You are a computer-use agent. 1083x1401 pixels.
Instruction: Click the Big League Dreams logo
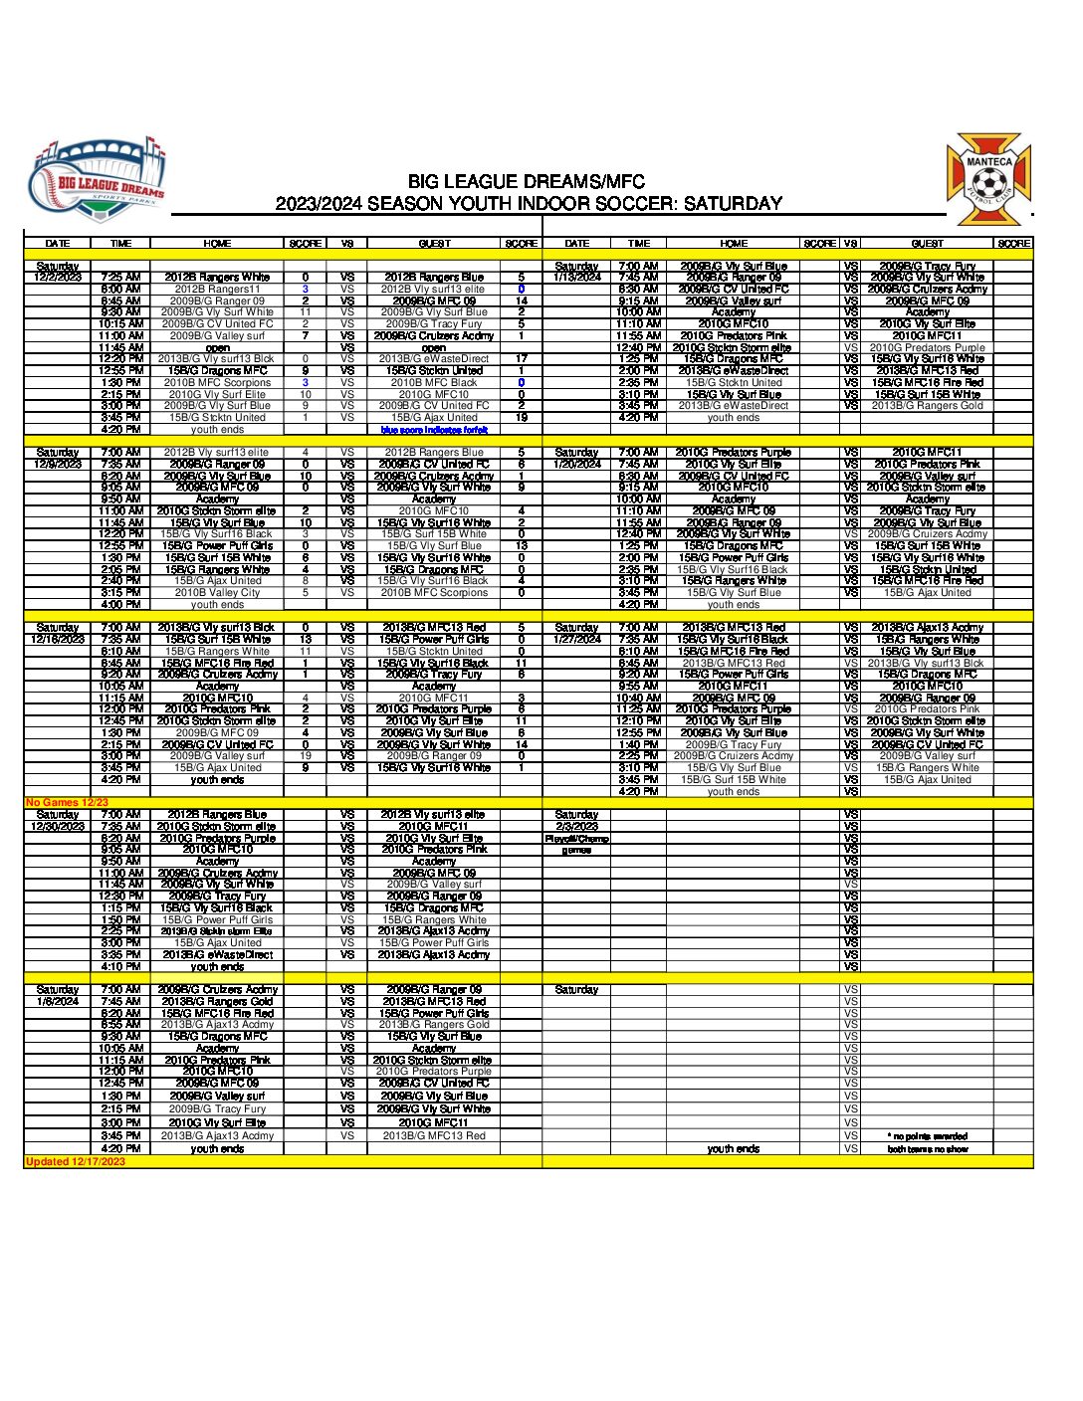tap(97, 180)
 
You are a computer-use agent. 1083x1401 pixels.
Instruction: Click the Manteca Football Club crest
tap(989, 179)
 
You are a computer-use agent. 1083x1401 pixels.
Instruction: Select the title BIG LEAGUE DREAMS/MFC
tap(526, 182)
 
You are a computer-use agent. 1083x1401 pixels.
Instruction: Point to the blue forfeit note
tap(434, 430)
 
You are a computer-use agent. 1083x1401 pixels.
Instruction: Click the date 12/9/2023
tap(58, 464)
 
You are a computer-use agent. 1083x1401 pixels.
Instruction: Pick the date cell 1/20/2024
tap(577, 464)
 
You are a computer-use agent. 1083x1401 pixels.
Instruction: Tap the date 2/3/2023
tap(577, 826)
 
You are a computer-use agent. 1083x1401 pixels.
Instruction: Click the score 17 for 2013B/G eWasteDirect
tap(521, 359)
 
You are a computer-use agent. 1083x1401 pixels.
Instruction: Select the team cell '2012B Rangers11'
tap(217, 289)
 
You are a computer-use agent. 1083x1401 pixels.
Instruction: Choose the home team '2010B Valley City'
tap(217, 592)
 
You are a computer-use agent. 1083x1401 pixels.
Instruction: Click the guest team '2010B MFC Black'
tap(434, 382)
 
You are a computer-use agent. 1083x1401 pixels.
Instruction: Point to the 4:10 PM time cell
tap(120, 966)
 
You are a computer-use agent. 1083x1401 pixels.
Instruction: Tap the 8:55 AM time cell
tap(120, 1024)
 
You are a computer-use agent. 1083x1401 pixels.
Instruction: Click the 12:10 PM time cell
tap(638, 720)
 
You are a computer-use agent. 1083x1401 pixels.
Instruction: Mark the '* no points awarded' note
tap(927, 1135)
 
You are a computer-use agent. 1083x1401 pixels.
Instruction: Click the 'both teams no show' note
tap(927, 1148)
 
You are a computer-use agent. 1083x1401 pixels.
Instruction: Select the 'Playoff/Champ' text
tap(577, 838)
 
